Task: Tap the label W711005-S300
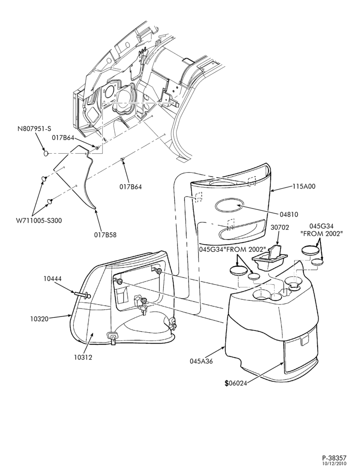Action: (x=39, y=221)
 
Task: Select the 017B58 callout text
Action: (x=105, y=235)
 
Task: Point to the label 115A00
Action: (x=304, y=187)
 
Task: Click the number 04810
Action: (x=289, y=214)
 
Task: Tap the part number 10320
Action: (x=40, y=319)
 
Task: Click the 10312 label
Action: (x=83, y=357)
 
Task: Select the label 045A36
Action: (x=201, y=361)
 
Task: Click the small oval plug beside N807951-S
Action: (x=46, y=153)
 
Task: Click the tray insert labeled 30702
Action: (x=269, y=258)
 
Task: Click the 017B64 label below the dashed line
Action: (x=130, y=187)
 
